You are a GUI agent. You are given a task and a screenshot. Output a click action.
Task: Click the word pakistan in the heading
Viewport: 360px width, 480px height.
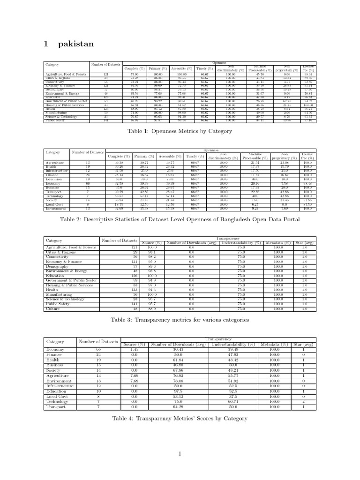76,44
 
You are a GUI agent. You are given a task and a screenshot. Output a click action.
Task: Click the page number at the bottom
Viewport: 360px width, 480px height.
180,453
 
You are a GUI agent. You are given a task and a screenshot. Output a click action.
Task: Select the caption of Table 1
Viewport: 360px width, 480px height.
180,132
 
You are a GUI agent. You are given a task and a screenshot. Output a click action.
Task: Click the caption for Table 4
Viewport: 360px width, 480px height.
180,418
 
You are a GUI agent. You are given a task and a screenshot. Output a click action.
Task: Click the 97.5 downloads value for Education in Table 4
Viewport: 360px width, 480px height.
178,391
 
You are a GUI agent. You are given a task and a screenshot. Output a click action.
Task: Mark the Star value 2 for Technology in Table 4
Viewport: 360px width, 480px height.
304,402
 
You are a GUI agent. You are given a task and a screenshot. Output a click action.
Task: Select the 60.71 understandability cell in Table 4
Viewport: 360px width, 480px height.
233,402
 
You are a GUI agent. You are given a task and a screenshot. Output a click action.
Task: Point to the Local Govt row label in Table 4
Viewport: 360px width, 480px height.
56,396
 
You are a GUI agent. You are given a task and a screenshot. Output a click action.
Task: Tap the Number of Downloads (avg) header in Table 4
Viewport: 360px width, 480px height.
178,345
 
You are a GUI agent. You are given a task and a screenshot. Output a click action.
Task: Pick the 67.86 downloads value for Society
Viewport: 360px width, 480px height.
178,370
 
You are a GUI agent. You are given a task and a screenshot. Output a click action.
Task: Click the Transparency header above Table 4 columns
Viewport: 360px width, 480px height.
218,339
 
